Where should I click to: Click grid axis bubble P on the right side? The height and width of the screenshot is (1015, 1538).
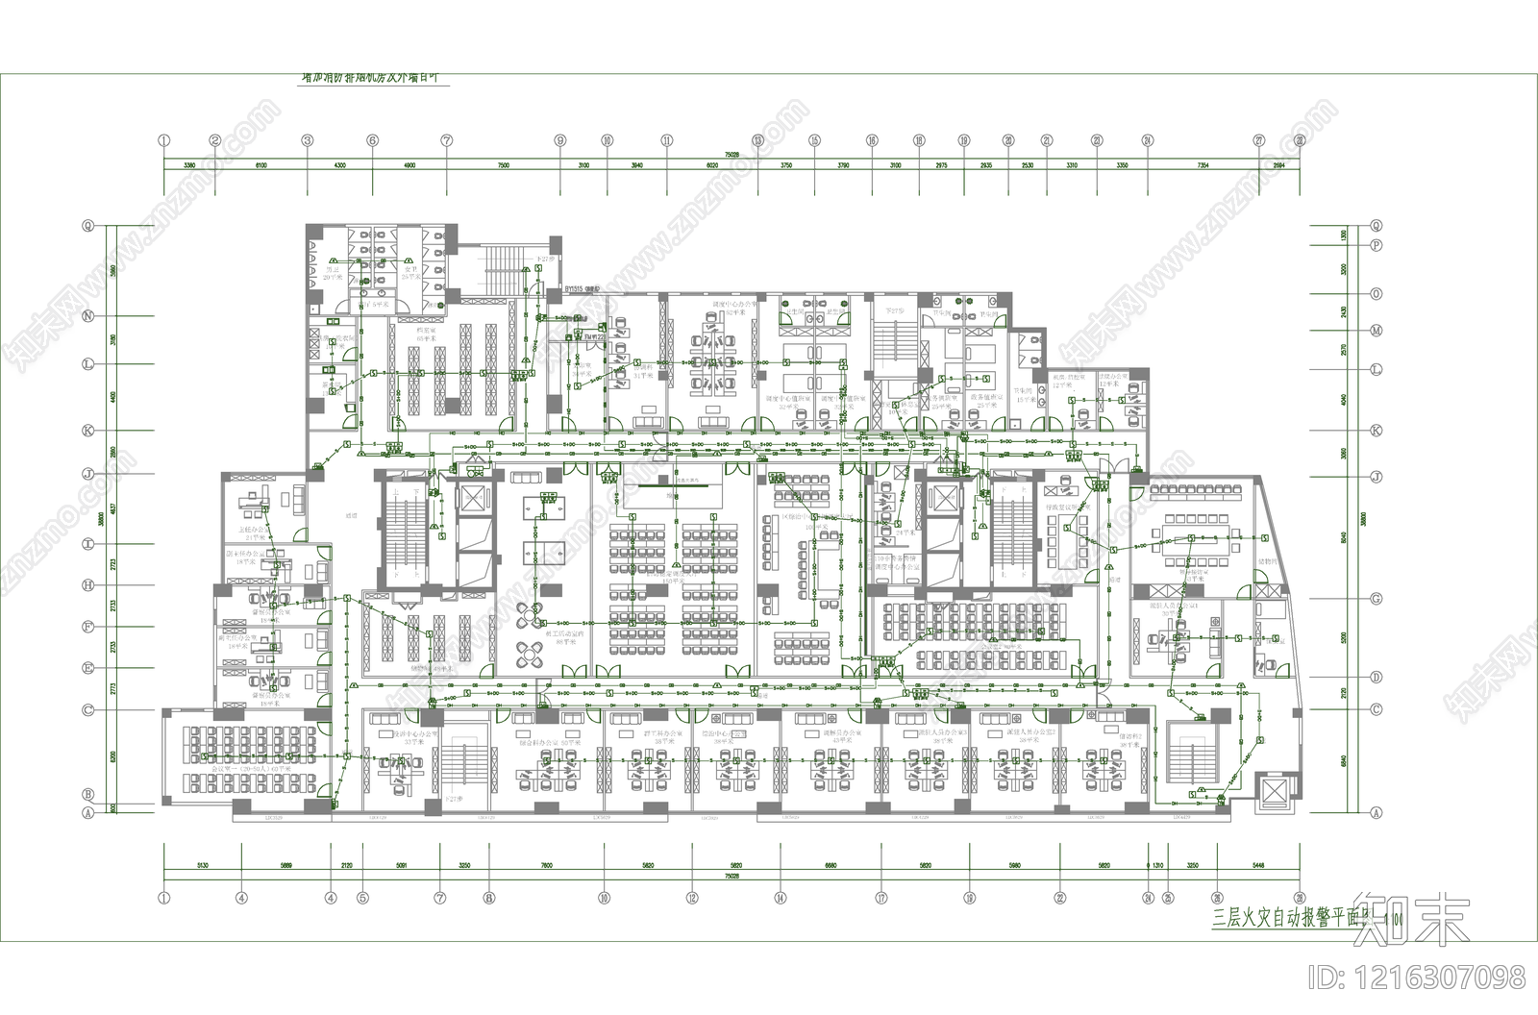coord(1376,245)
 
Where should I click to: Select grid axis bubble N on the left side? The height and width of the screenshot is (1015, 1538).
coord(87,315)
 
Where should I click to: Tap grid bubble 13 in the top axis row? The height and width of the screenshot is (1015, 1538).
coord(757,140)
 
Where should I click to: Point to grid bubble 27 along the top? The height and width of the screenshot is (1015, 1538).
coord(1259,140)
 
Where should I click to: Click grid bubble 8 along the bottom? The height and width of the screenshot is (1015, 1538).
coord(488,899)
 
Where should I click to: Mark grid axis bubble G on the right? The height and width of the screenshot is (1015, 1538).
coord(1376,599)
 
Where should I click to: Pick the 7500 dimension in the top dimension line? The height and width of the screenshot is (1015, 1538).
coord(503,165)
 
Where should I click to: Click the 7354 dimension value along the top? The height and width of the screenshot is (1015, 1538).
coord(1203,165)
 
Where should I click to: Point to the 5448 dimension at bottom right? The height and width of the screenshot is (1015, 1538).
coord(1258,865)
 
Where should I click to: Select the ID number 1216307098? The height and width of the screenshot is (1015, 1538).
coord(1417,978)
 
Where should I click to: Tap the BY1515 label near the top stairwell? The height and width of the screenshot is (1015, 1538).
coord(580,287)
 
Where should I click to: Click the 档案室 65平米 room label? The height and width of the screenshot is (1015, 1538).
coord(427,334)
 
